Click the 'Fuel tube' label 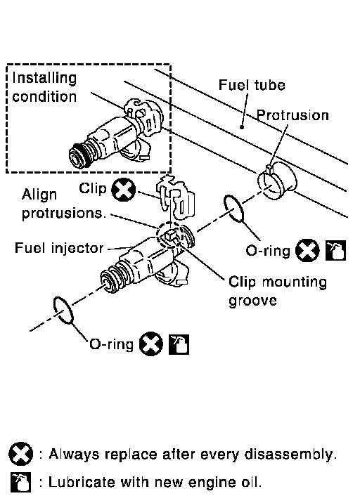point(252,85)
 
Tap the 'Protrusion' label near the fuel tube point(292,115)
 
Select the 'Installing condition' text point(44,87)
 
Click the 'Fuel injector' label point(59,248)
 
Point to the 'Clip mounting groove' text point(278,291)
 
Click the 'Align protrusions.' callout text point(63,204)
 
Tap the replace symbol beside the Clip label point(124,190)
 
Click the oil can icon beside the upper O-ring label point(335,251)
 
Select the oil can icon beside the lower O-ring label point(179,344)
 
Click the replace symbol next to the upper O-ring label point(307,251)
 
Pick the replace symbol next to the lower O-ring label point(151,344)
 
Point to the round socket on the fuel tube point(277,181)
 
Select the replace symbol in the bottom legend point(20,454)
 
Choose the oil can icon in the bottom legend point(20,483)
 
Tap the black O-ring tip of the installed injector point(77,156)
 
